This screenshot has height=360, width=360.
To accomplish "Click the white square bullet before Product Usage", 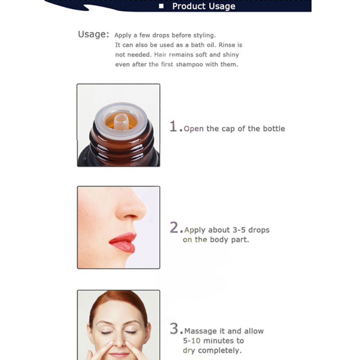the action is pyautogui.click(x=161, y=6).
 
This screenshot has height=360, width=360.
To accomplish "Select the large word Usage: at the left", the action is pyautogui.click(x=94, y=34).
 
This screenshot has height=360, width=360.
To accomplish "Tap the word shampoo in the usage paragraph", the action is pyautogui.click(x=189, y=64).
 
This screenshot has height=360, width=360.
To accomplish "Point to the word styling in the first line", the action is pyautogui.click(x=204, y=36).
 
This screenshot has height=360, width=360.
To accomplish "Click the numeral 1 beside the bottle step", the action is pyautogui.click(x=173, y=126).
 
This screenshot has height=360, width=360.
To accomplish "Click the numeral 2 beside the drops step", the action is pyautogui.click(x=174, y=227).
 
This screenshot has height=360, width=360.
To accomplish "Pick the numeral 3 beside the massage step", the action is pyautogui.click(x=174, y=328).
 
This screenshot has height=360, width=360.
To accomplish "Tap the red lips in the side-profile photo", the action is pyautogui.click(x=122, y=243).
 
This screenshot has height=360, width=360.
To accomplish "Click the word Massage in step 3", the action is pyautogui.click(x=201, y=331).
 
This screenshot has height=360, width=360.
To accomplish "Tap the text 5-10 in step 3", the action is pyautogui.click(x=192, y=341).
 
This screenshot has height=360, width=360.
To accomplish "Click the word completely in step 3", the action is pyautogui.click(x=220, y=351).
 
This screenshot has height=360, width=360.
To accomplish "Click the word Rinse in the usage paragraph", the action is pyautogui.click(x=227, y=45).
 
